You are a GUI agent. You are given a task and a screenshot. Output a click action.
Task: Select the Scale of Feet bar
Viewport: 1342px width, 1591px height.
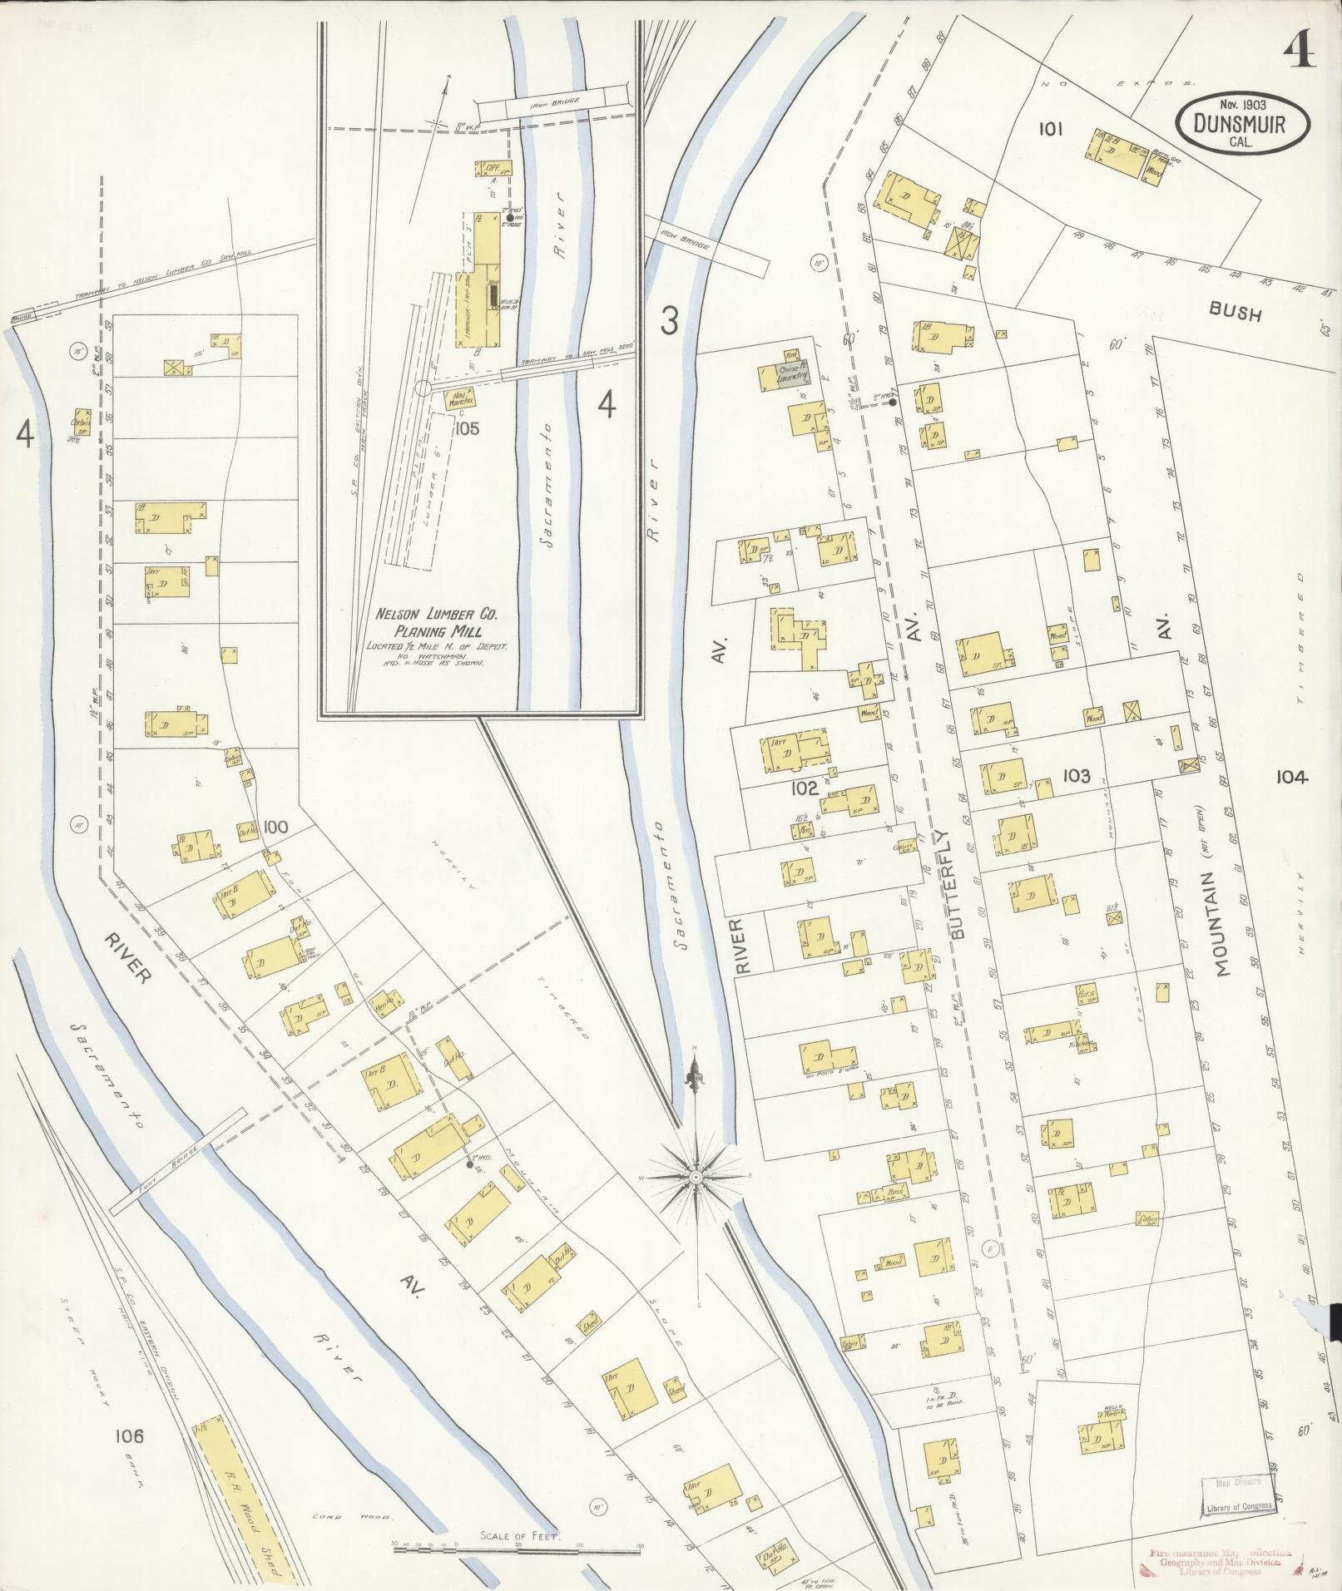click(x=518, y=1546)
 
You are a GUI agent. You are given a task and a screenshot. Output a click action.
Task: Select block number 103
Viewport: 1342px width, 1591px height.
click(x=1076, y=775)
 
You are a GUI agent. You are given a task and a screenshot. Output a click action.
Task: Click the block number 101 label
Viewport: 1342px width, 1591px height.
click(x=1051, y=129)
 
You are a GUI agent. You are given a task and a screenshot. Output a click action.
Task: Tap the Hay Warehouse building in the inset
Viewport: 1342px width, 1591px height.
click(x=459, y=399)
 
